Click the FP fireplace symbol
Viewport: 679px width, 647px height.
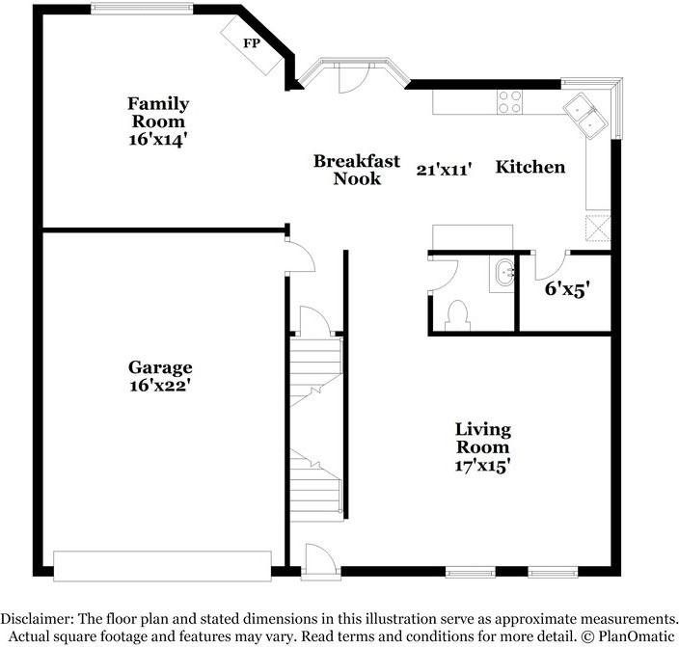click(x=250, y=43)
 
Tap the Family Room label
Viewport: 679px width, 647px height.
click(x=158, y=112)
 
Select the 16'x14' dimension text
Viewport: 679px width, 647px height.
click(x=158, y=138)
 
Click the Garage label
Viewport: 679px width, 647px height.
click(x=160, y=367)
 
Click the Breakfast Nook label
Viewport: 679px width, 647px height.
click(x=344, y=170)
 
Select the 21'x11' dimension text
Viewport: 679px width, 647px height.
click(x=444, y=170)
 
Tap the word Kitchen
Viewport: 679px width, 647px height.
click(x=530, y=167)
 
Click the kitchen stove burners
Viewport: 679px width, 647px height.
click(x=510, y=101)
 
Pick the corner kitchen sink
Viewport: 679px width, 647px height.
click(x=585, y=113)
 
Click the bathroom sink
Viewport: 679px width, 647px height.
click(x=502, y=274)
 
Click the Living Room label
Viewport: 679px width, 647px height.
click(x=483, y=438)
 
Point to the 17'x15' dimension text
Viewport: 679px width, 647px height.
click(x=483, y=465)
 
